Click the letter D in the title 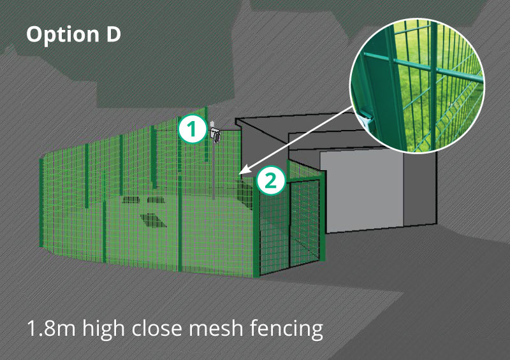112,35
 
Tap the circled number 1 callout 191,129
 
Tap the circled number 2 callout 270,180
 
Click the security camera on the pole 215,134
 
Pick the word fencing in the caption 289,330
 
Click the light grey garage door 361,191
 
